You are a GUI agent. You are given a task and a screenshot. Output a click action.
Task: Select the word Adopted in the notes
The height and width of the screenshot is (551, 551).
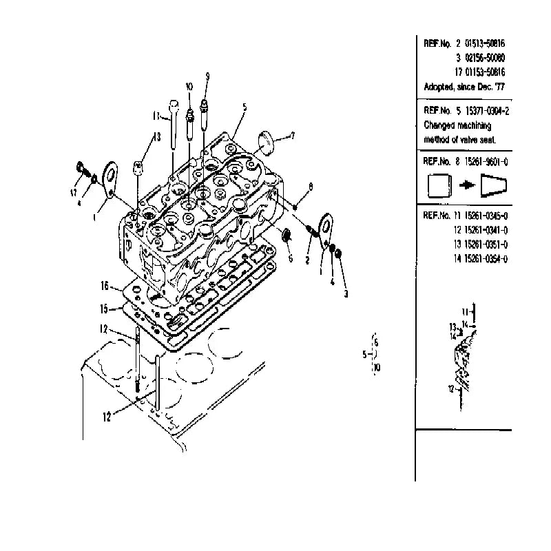(439, 87)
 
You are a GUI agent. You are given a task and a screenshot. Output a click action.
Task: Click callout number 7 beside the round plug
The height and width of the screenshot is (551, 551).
(293, 136)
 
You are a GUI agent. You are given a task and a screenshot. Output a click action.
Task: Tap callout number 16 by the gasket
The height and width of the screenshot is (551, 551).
(105, 285)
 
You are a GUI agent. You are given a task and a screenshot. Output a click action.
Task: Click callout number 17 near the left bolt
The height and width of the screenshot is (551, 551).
(73, 193)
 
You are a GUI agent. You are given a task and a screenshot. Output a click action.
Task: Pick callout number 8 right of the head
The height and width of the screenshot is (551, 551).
(311, 186)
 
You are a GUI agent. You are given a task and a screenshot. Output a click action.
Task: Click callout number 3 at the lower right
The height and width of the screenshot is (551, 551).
(346, 293)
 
